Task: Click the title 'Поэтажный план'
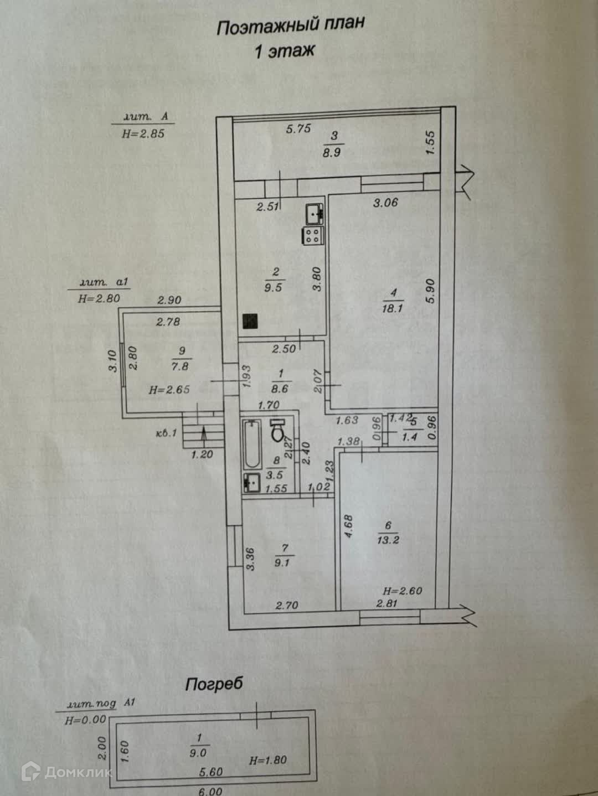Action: coord(291,26)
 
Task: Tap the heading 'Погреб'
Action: coord(214,684)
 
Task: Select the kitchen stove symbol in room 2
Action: coord(312,236)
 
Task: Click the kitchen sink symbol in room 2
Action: coord(314,213)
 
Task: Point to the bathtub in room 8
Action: coord(252,446)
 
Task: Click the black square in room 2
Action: coord(250,321)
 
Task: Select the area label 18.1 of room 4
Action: coord(392,309)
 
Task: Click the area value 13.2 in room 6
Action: coord(388,540)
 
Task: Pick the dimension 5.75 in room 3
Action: coord(298,128)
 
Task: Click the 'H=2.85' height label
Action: coord(143,133)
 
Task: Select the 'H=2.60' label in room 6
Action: coord(403,591)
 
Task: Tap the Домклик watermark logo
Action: coord(69,772)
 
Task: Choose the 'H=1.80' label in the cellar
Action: coord(268,760)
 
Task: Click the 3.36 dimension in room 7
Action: coord(250,559)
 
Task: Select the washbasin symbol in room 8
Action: coord(252,483)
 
